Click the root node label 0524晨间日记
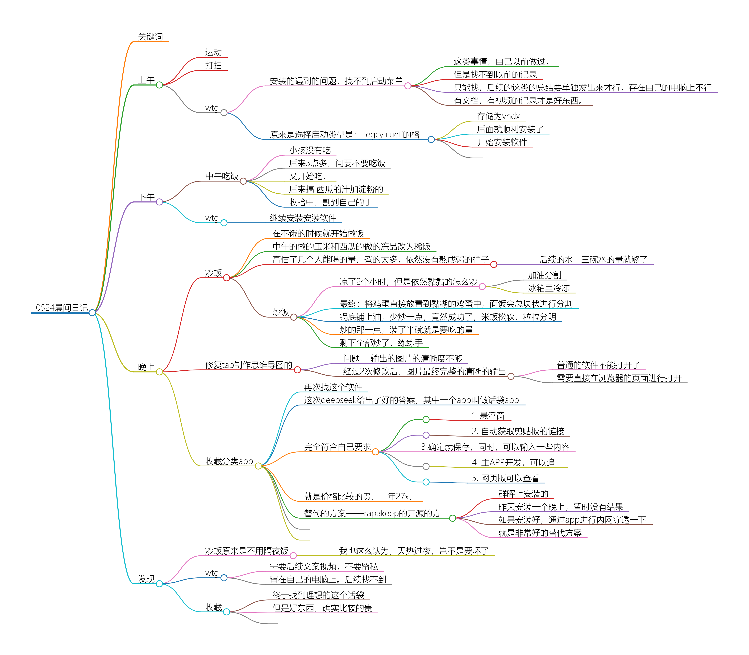tap(62, 308)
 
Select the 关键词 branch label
tap(150, 37)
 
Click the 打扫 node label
tap(214, 65)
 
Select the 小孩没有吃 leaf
tap(310, 150)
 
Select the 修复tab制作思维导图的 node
tap(249, 365)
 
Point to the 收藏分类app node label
tap(229, 461)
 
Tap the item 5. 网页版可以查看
tap(505, 478)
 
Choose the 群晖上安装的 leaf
tap(523, 494)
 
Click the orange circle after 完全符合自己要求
tap(375, 452)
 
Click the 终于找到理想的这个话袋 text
tap(318, 595)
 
